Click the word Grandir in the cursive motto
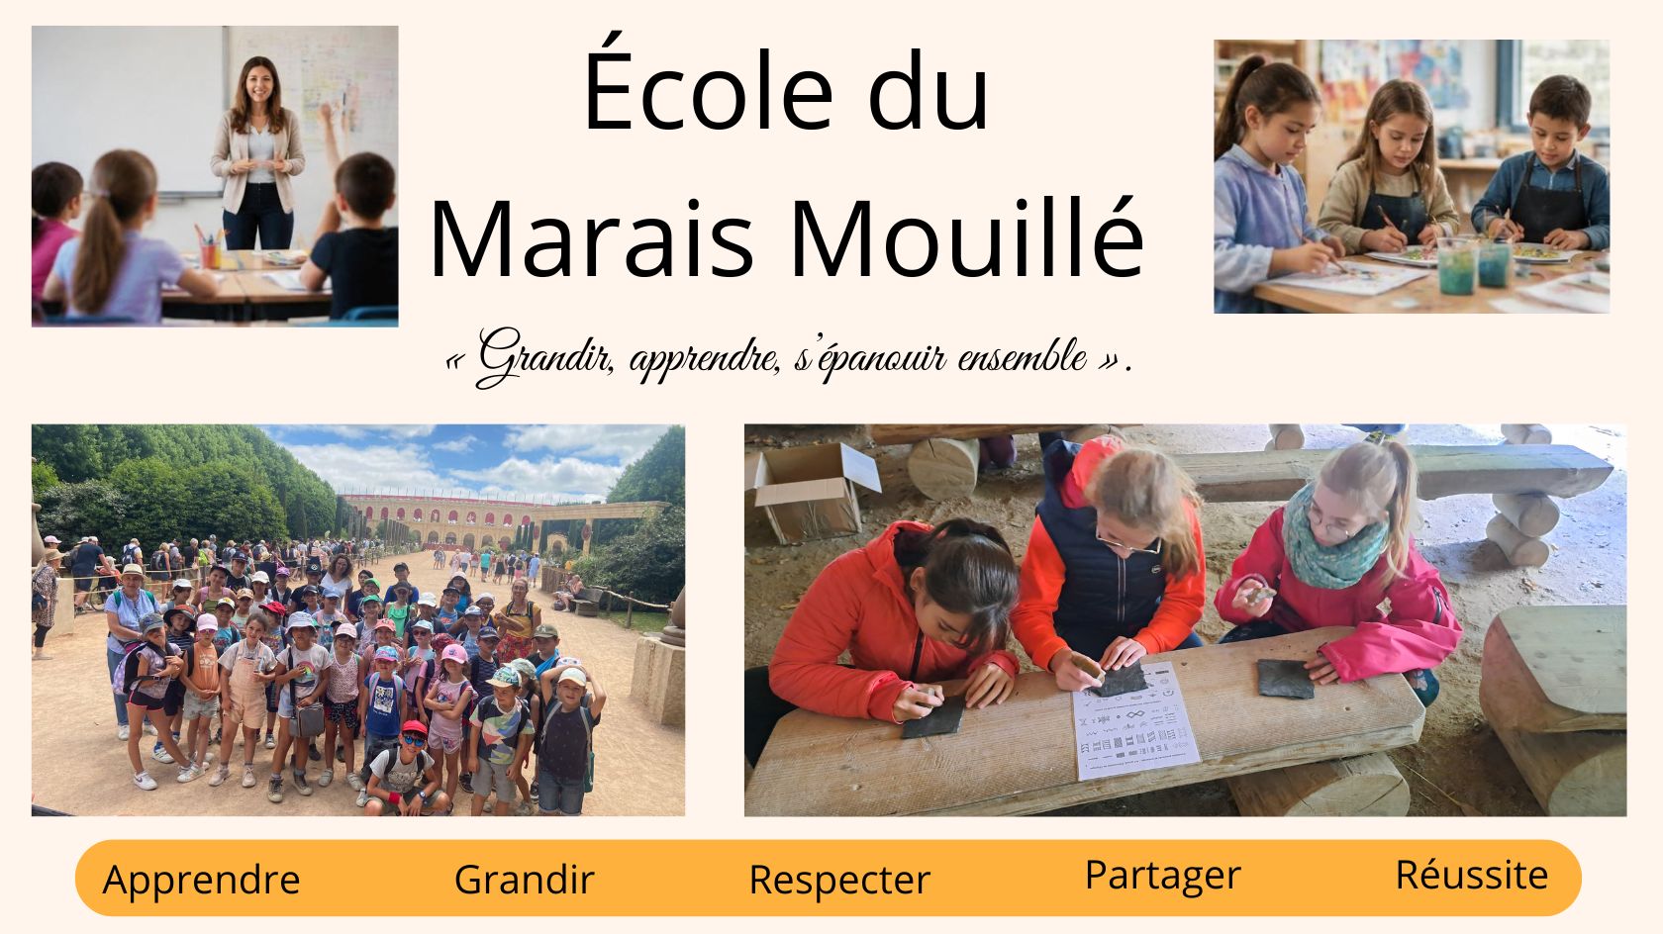tap(544, 357)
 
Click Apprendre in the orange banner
tap(201, 881)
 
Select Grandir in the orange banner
tap(525, 880)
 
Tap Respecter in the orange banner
tap(839, 881)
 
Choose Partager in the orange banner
tap(1162, 877)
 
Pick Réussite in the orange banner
tap(1471, 874)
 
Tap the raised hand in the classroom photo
tap(325, 115)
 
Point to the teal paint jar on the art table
tap(1456, 267)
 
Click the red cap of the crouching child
tap(414, 727)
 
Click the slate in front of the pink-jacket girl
tap(1285, 679)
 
